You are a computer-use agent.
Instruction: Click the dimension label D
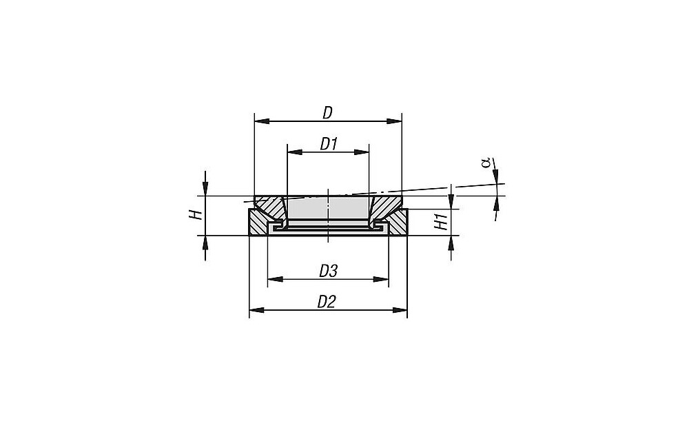[x=328, y=113]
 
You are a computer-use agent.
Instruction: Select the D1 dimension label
[x=328, y=144]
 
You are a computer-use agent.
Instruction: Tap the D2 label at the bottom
[x=327, y=302]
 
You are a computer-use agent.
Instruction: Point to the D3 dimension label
[x=328, y=271]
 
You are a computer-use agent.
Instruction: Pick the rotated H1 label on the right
[x=441, y=221]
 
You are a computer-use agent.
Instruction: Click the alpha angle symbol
[x=486, y=163]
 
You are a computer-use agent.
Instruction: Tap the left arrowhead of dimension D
[x=263, y=121]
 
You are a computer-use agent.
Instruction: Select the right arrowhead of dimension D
[x=394, y=121]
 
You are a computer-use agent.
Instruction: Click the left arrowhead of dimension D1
[x=295, y=152]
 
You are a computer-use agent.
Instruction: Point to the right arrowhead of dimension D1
[x=361, y=152]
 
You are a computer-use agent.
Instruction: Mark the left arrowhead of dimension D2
[x=257, y=310]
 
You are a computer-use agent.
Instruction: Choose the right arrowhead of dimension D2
[x=400, y=310]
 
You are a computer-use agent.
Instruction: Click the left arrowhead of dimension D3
[x=276, y=279]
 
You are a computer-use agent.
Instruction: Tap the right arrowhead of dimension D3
[x=381, y=279]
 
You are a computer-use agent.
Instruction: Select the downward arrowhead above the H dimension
[x=205, y=189]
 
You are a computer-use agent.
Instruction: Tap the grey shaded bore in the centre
[x=328, y=209]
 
